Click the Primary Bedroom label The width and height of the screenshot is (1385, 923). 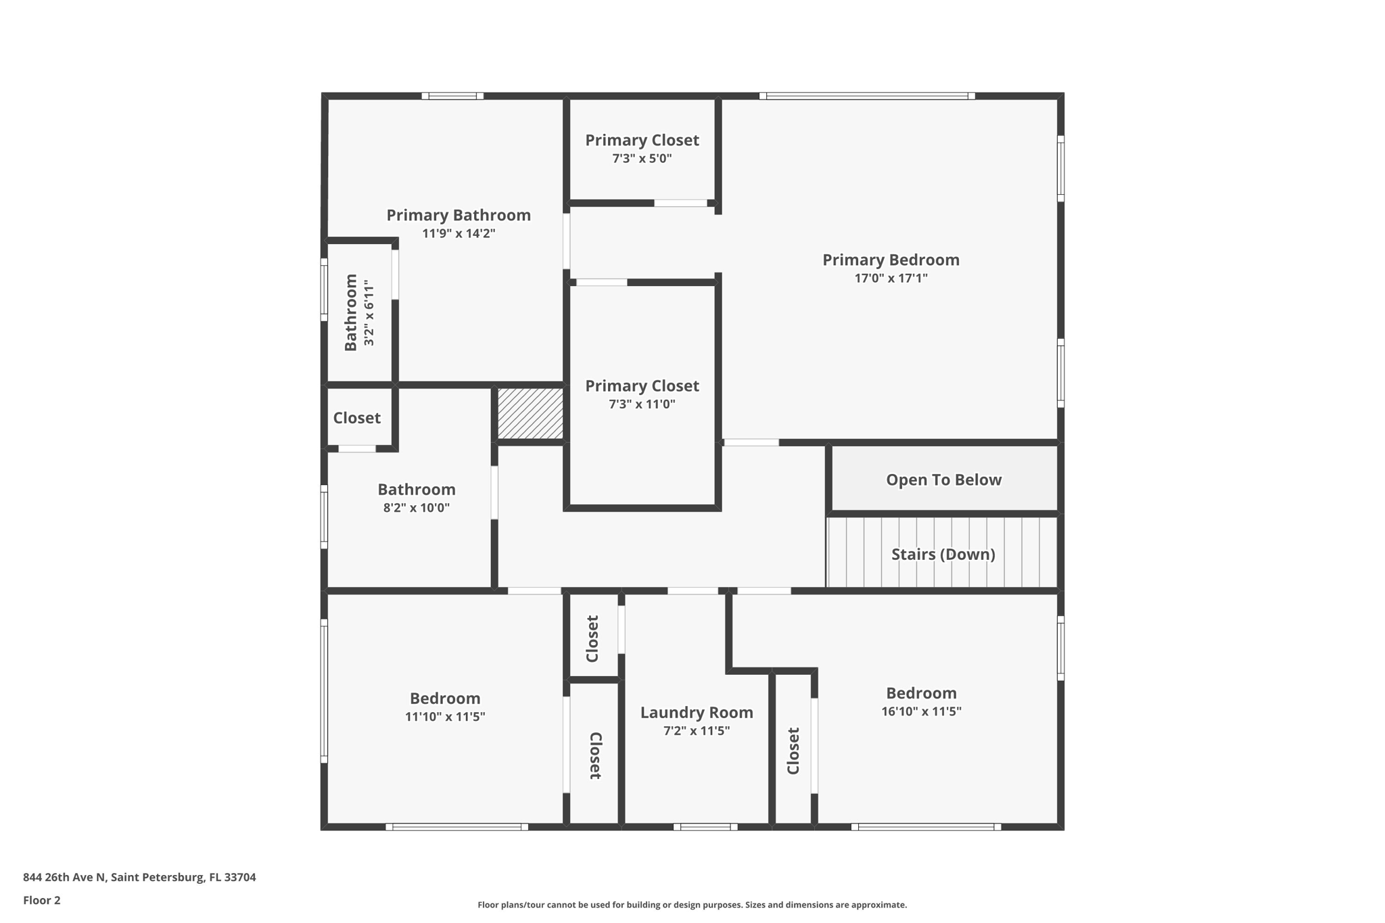tap(891, 260)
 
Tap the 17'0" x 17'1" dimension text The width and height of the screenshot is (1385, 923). tap(891, 278)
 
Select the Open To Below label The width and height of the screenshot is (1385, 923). tap(943, 480)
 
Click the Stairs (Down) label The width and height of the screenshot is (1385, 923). tap(943, 554)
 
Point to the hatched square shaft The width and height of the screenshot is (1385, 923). tap(530, 413)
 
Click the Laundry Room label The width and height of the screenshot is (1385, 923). tap(697, 713)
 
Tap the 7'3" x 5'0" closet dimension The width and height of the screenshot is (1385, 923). tap(642, 159)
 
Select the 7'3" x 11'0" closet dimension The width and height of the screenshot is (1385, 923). tap(642, 404)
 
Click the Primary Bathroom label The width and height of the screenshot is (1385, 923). tap(459, 216)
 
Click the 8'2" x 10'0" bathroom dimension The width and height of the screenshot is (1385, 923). tap(416, 508)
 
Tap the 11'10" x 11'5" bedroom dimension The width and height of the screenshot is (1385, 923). tap(445, 717)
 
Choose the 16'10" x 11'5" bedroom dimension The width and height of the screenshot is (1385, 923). tap(921, 711)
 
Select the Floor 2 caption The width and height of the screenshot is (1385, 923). tap(42, 901)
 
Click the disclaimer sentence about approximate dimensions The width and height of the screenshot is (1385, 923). tap(692, 905)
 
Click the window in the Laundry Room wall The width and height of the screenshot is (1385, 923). tap(705, 826)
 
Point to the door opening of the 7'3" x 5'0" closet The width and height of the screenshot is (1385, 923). tap(680, 203)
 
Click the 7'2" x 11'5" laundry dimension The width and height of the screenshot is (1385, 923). tap(697, 731)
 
